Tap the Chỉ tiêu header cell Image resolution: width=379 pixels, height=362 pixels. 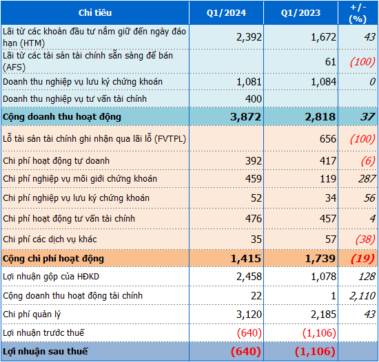pyautogui.click(x=95, y=13)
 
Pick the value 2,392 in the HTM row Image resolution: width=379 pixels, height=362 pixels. pyautogui.click(x=248, y=36)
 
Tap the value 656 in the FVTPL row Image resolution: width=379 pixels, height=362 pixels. pyautogui.click(x=327, y=139)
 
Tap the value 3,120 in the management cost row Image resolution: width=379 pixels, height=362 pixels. pyautogui.click(x=248, y=315)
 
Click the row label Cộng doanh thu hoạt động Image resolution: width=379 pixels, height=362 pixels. pyautogui.click(x=62, y=117)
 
